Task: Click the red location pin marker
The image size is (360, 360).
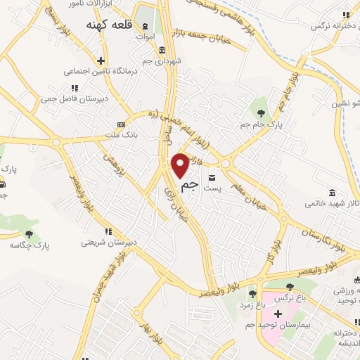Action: (x=180, y=165)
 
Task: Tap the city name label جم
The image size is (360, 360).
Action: (x=188, y=186)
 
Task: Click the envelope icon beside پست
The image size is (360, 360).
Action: (x=212, y=178)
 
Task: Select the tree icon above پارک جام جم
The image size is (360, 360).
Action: (x=261, y=112)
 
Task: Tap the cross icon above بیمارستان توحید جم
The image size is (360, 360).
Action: (x=279, y=313)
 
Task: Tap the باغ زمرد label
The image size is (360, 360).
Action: (x=251, y=304)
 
